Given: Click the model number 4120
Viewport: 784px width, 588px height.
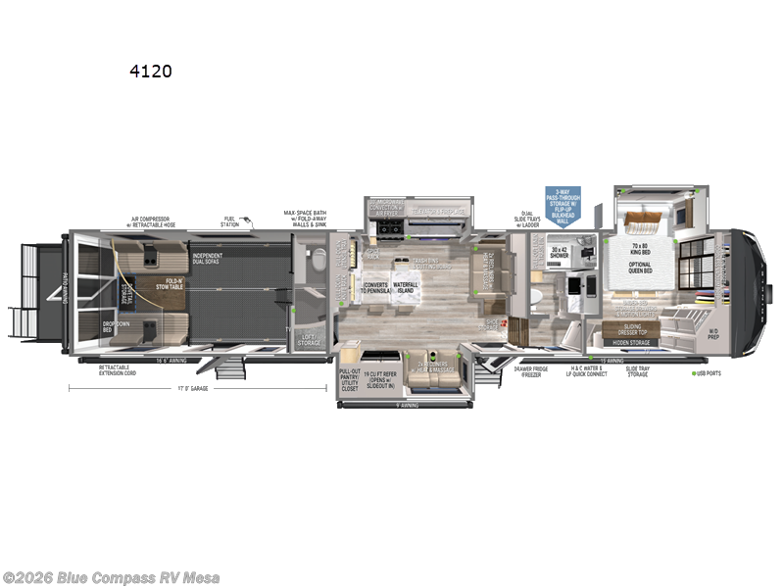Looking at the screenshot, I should pos(151,72).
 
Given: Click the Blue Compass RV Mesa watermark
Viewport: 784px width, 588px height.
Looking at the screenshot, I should pos(111,578).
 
